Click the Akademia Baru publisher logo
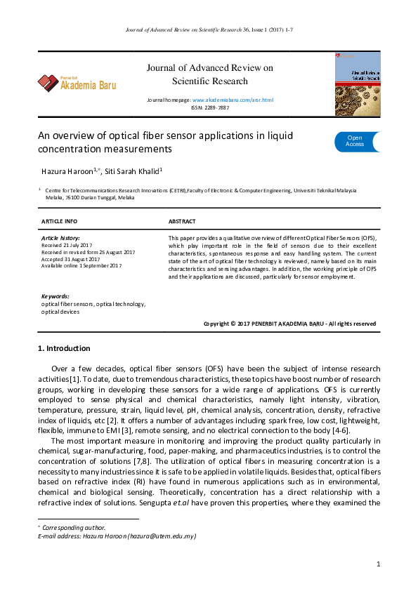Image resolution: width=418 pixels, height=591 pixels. tap(77, 84)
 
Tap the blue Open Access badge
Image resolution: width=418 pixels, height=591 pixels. tap(355, 141)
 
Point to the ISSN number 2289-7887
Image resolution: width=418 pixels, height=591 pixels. tap(218, 108)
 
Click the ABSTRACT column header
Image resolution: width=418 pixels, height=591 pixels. tap(183, 221)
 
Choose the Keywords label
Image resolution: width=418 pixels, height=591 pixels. tap(55, 296)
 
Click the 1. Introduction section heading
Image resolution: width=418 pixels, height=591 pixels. tap(64, 348)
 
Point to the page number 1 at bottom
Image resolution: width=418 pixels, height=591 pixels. tap(378, 564)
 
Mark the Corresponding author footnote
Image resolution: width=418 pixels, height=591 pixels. tap(74, 527)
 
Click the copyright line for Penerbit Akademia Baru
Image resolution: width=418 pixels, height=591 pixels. tap(289, 324)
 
